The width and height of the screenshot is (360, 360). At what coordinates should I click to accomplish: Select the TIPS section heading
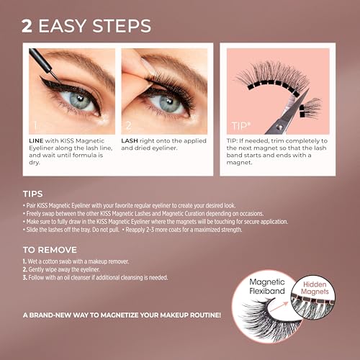click(32, 194)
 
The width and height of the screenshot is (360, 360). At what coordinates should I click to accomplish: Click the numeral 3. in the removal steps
click(24, 277)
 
